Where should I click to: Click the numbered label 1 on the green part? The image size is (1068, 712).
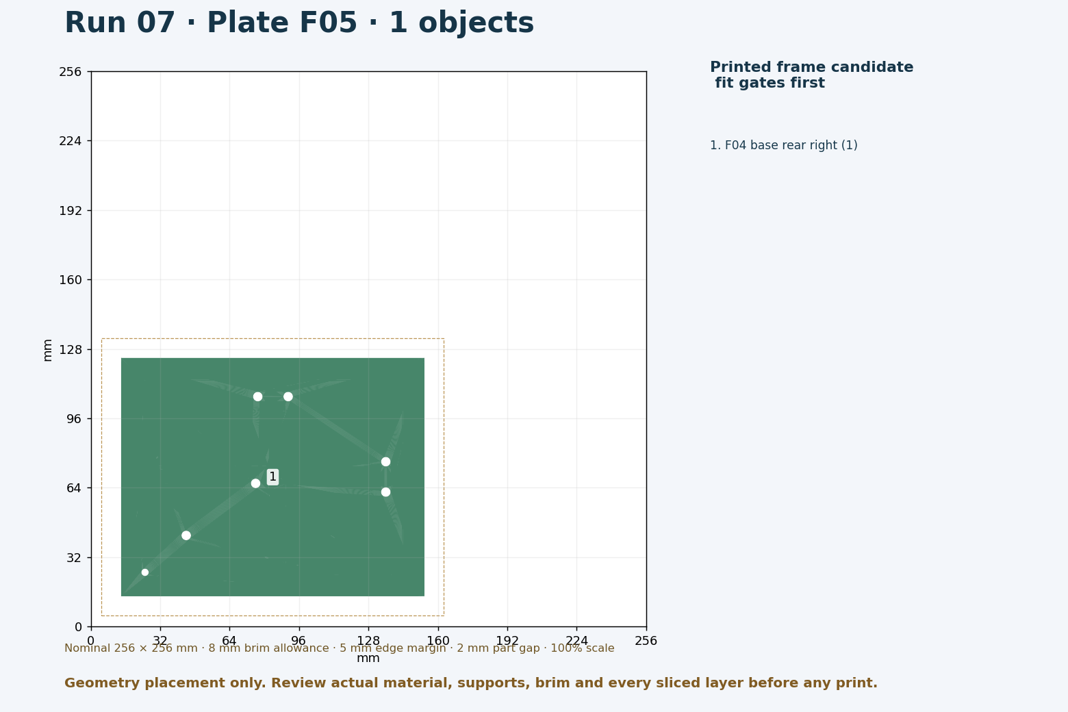272,476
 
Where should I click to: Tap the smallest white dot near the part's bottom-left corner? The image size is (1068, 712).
145,572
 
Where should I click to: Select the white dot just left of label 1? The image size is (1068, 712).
255,483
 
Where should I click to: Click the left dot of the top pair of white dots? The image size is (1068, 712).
257,396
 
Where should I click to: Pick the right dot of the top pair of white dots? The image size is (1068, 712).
288,396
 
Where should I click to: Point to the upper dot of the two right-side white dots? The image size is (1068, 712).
385,461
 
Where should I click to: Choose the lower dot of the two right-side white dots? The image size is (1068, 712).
385,492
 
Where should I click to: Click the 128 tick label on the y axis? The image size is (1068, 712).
71,350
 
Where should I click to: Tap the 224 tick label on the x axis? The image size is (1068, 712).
576,641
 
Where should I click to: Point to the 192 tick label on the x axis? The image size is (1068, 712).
507,641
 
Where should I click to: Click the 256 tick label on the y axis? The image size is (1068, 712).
71,72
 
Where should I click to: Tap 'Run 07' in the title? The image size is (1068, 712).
120,23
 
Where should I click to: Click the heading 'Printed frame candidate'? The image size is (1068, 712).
811,67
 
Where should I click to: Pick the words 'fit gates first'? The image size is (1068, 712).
770,83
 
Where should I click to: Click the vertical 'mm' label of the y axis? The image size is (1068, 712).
47,350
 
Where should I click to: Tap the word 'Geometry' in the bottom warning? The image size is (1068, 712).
103,683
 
